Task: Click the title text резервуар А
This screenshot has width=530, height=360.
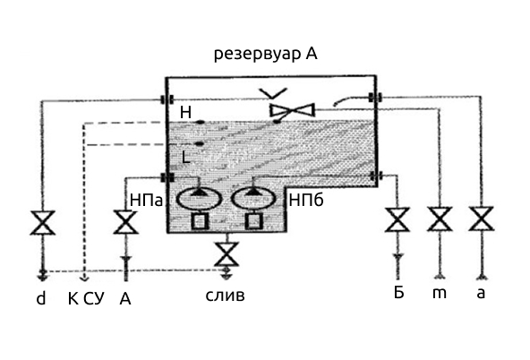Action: click(x=266, y=54)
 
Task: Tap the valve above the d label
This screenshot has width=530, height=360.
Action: click(x=43, y=222)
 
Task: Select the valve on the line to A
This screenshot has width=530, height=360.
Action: click(x=125, y=222)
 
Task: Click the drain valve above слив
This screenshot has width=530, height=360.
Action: click(x=227, y=253)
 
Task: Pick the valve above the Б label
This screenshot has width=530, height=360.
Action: click(x=397, y=219)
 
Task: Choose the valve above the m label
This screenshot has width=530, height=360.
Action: click(x=440, y=219)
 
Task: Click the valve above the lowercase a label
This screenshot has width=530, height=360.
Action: click(x=482, y=219)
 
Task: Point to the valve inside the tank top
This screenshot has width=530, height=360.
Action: click(x=293, y=110)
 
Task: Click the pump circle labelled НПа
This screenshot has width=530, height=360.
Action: click(x=199, y=199)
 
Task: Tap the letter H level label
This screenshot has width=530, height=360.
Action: click(x=185, y=112)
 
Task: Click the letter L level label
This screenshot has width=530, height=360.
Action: click(x=186, y=158)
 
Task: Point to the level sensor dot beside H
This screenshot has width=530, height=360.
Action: click(x=201, y=122)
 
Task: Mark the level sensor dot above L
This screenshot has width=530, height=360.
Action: click(x=200, y=144)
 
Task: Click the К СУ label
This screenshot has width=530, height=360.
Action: click(x=86, y=299)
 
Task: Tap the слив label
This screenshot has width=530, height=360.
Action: click(x=225, y=296)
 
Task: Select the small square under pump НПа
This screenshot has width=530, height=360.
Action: click(x=200, y=221)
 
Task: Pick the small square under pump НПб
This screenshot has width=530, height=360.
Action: click(x=254, y=221)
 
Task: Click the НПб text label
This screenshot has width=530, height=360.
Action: click(x=306, y=201)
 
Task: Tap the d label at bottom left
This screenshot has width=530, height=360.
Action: click(x=41, y=299)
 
